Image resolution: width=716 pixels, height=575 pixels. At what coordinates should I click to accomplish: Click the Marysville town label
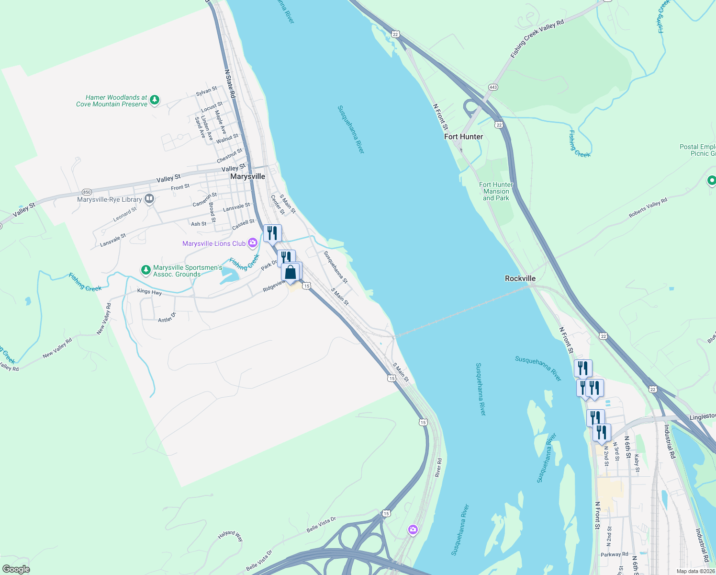[x=247, y=176]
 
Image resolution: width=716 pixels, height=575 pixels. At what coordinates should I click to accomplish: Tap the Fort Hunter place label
[x=463, y=137]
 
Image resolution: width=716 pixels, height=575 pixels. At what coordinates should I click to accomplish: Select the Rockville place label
[x=520, y=278]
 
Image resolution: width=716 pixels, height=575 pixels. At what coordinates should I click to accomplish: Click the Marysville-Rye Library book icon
[x=149, y=198]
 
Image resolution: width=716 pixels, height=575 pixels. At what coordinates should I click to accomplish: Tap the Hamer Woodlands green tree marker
[x=154, y=100]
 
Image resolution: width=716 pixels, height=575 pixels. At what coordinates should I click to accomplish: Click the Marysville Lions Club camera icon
[x=253, y=243]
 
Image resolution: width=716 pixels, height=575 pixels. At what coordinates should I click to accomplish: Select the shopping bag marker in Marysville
[x=291, y=272]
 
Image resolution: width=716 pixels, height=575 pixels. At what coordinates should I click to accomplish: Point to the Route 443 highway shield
[x=493, y=87]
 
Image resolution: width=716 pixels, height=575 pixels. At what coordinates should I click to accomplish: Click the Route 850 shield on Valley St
[x=87, y=192]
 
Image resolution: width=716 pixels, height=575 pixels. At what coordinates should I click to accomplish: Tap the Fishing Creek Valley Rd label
[x=537, y=39]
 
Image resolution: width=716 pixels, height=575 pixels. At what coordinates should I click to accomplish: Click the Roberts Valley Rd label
[x=648, y=208]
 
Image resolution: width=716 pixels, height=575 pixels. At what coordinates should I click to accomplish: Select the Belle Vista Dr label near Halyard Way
[x=321, y=525]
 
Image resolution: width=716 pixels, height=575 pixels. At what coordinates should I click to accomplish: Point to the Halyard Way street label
[x=231, y=536]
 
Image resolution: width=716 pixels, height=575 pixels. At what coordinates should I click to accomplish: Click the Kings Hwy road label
[x=149, y=292]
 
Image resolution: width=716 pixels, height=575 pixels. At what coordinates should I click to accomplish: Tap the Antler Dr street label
[x=167, y=317]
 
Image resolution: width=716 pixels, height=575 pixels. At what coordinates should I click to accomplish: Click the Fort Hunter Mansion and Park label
[x=496, y=191]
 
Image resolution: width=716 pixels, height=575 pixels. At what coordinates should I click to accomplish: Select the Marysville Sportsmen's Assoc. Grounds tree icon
[x=146, y=271]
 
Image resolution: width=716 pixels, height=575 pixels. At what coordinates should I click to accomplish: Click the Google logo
[x=16, y=569]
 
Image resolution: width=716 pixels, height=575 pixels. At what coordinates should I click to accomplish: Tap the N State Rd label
[x=230, y=84]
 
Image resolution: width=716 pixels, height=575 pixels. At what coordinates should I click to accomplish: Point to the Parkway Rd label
[x=614, y=554]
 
